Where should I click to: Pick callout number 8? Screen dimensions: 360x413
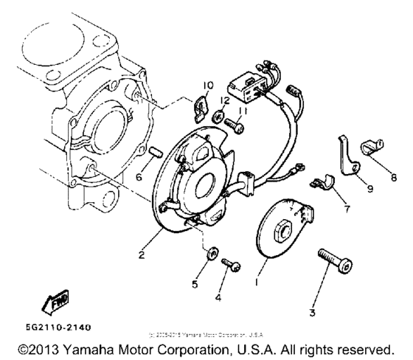[x=393, y=177]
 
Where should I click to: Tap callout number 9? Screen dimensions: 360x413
[x=369, y=188]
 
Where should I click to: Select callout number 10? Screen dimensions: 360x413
[x=208, y=86]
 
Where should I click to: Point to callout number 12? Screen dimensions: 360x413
[x=224, y=101]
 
